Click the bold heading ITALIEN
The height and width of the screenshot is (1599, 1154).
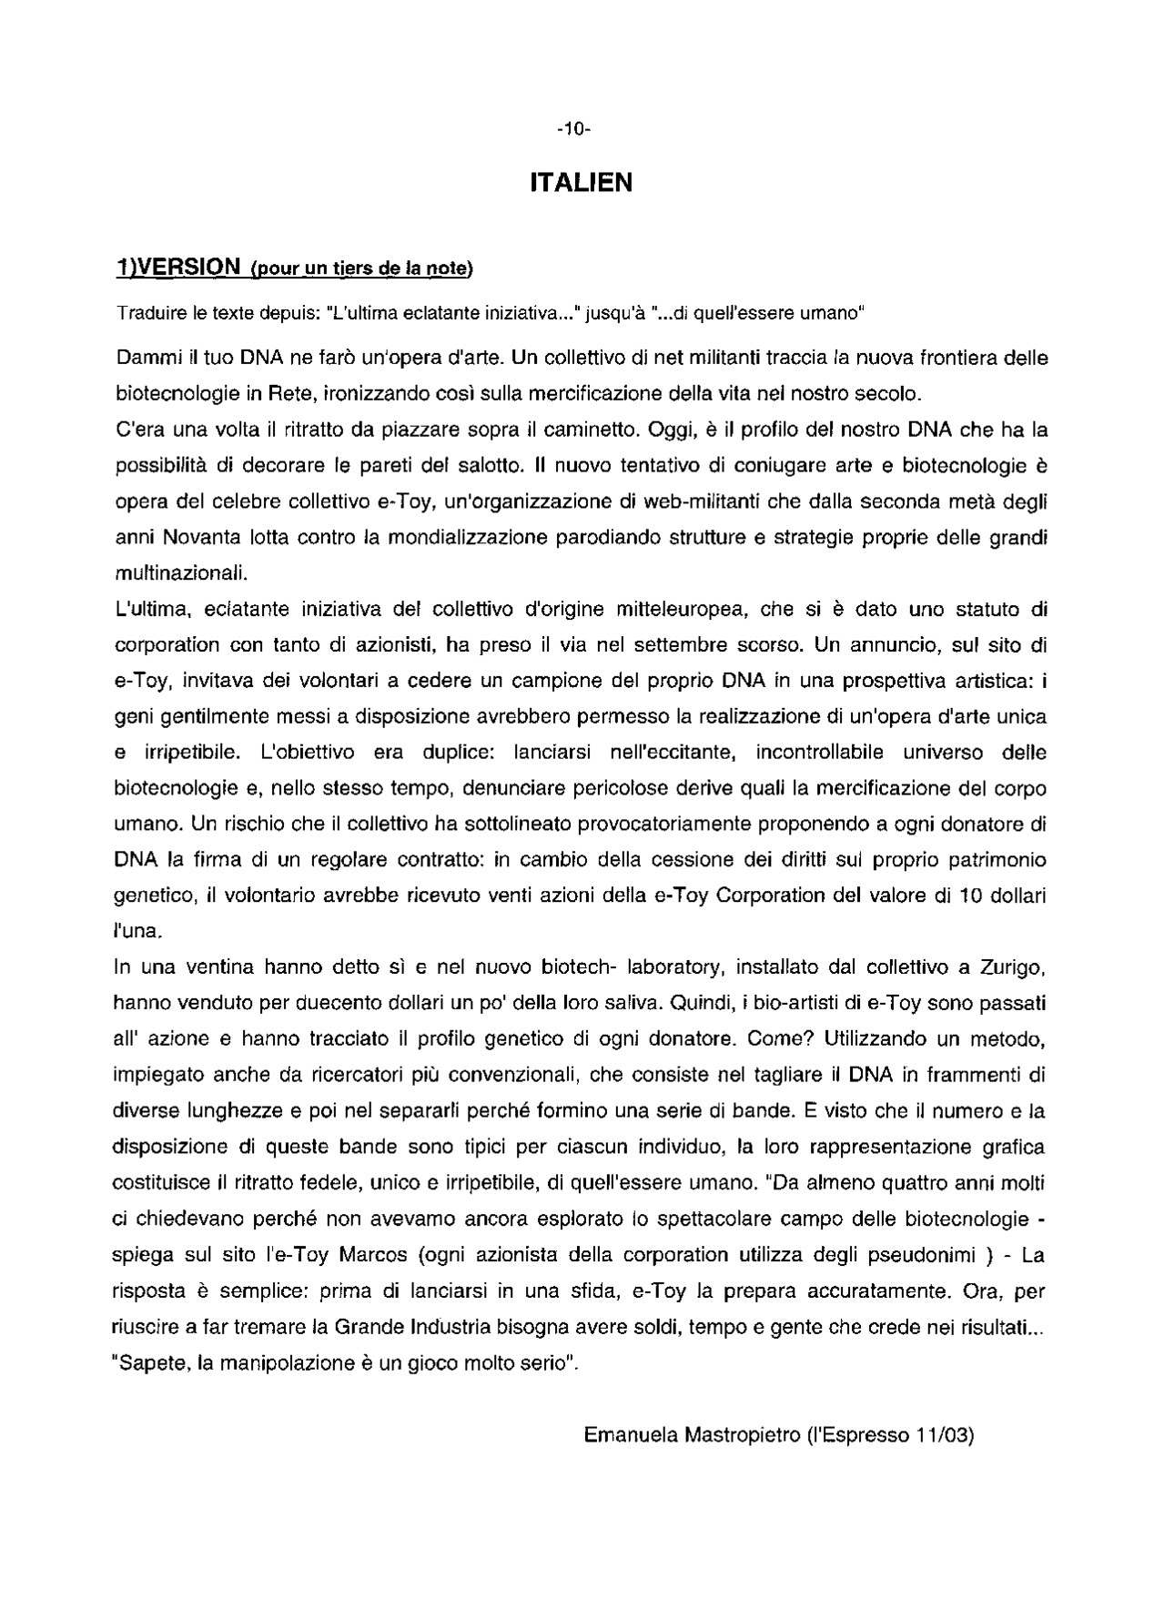[581, 183]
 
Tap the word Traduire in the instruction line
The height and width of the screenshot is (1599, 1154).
[150, 314]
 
